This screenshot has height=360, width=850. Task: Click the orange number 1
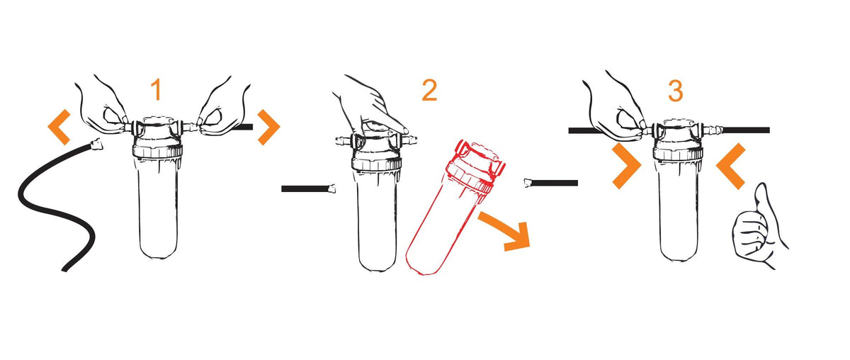[x=157, y=89]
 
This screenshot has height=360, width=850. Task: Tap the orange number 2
[x=429, y=90]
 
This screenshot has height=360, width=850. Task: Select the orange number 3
[x=676, y=91]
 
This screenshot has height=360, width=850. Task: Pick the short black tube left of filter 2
[x=308, y=189]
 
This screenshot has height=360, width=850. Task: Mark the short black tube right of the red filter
[x=551, y=183]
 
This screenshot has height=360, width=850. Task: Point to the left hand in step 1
[x=103, y=108]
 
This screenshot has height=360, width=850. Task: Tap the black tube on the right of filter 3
[x=746, y=130]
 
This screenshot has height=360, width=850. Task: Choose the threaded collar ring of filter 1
[x=157, y=151]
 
